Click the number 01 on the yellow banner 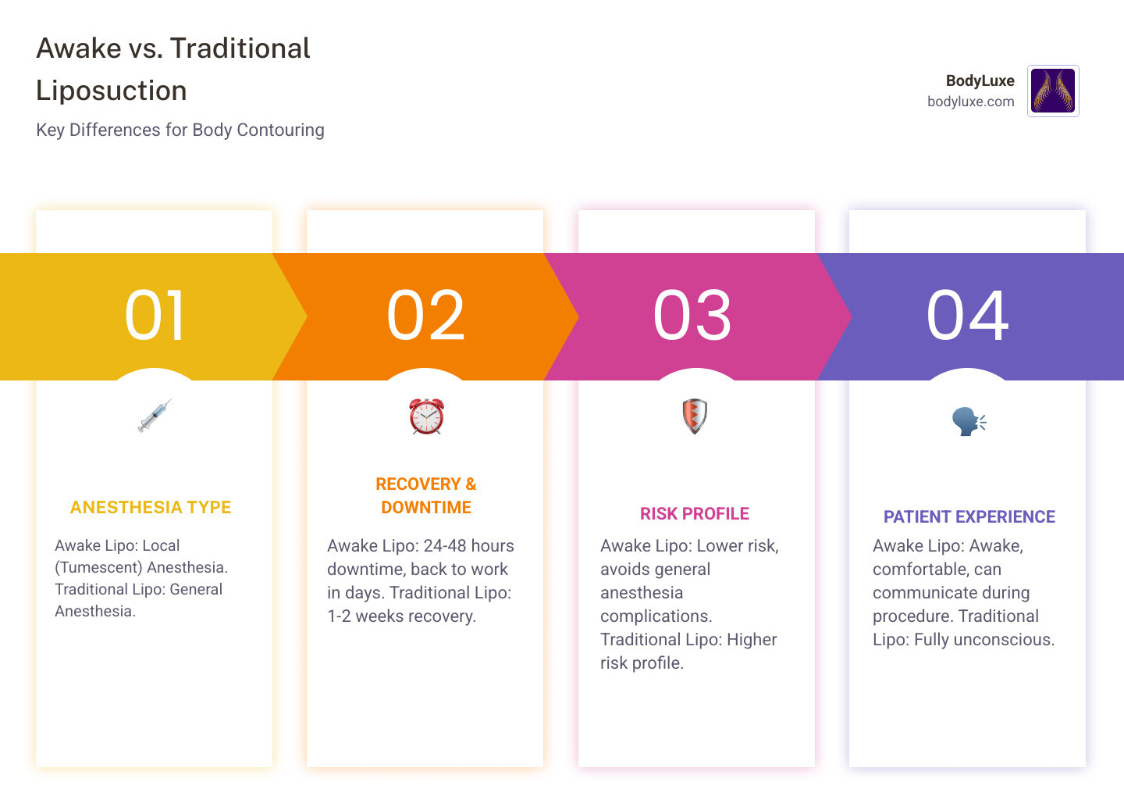(155, 316)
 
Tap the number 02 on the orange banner (425, 316)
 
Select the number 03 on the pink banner (692, 316)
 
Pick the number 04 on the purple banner (967, 316)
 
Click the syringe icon (155, 416)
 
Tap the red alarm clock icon (426, 416)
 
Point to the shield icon (695, 416)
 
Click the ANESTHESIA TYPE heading (151, 508)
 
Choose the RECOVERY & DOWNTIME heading (426, 496)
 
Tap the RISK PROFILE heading (695, 514)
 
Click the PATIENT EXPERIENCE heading (969, 517)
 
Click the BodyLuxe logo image (1053, 91)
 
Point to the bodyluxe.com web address (970, 102)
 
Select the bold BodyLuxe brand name (980, 80)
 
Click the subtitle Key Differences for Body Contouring (180, 130)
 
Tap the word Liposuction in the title (112, 91)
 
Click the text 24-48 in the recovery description (444, 546)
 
